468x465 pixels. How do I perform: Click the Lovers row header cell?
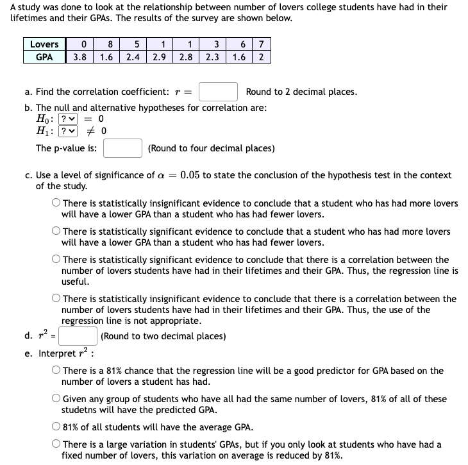[x=44, y=44]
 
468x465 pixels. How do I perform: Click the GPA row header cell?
[x=44, y=56]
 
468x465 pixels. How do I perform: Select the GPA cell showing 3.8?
[x=81, y=56]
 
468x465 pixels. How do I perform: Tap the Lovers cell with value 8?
[x=111, y=44]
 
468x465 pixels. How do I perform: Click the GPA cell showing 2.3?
[x=213, y=56]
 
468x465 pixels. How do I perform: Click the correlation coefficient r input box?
[x=218, y=92]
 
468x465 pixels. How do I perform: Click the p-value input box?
[x=122, y=148]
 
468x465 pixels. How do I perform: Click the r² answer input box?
[x=79, y=336]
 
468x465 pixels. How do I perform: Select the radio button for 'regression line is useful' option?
[x=56, y=260]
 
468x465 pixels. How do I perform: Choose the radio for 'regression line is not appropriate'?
[x=56, y=299]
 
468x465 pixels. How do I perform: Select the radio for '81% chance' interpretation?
[x=56, y=371]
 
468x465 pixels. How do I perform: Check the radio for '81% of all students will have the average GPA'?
[x=56, y=427]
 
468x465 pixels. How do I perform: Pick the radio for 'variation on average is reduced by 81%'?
[x=56, y=444]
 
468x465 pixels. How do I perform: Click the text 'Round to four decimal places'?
[x=211, y=148]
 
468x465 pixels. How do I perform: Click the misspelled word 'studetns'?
[x=80, y=410]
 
